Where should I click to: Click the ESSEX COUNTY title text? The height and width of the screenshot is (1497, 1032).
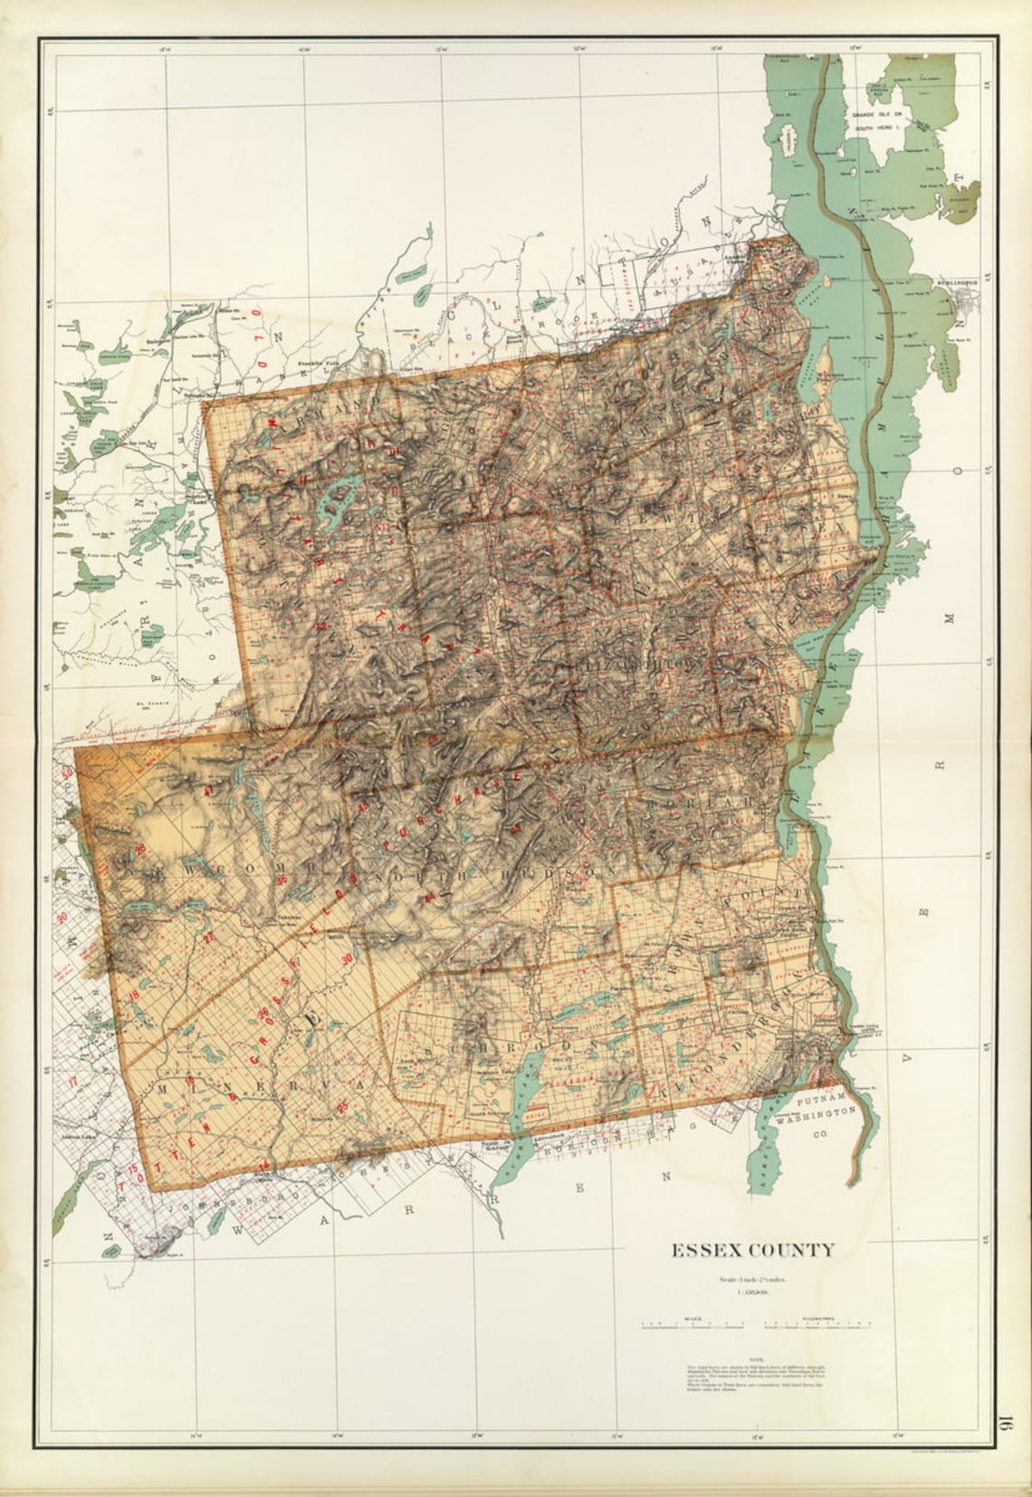coord(752,1250)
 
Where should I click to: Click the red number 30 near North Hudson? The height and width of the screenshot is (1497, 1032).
coord(347,959)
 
